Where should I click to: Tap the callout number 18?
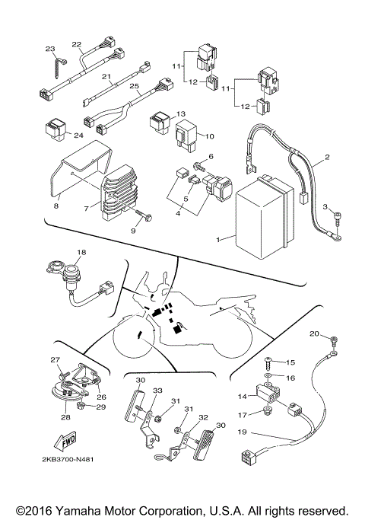pyautogui.click(x=81, y=251)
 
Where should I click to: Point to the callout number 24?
pyautogui.click(x=78, y=136)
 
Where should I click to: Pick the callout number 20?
pyautogui.click(x=314, y=333)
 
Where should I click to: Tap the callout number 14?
pyautogui.click(x=243, y=396)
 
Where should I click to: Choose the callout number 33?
pyautogui.click(x=157, y=391)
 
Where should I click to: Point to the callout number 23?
pyautogui.click(x=50, y=49)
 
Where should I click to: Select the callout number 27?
pyautogui.click(x=55, y=360)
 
